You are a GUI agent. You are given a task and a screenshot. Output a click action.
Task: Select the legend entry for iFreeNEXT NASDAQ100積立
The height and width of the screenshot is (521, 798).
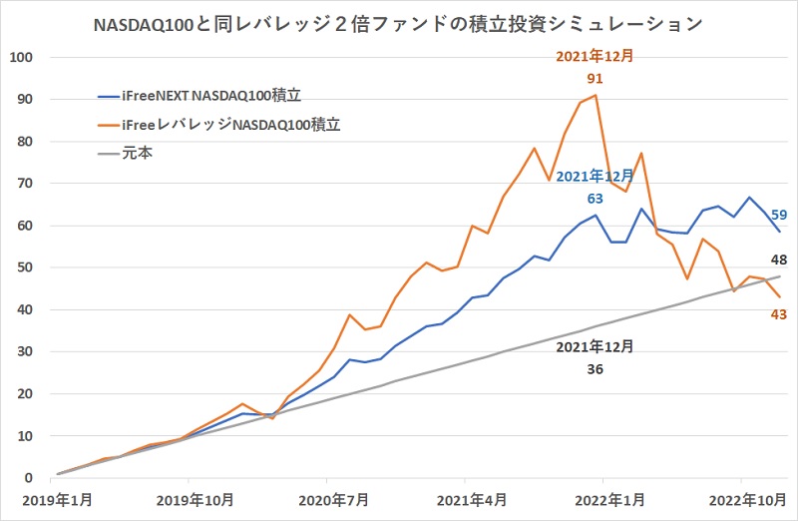point(209,97)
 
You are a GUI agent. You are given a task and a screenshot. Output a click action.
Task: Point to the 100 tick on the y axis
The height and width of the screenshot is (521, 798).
point(21,58)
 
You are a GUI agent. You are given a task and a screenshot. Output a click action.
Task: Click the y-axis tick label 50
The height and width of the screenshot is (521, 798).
point(25,267)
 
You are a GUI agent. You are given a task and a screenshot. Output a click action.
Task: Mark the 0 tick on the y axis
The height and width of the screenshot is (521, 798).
point(29,478)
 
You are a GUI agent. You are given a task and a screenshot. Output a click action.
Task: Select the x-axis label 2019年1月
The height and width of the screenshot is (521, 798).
point(58,499)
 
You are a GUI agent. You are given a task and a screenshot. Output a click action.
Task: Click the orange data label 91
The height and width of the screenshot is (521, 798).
point(595,77)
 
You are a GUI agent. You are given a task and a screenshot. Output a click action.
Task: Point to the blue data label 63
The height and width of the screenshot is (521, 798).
point(595,198)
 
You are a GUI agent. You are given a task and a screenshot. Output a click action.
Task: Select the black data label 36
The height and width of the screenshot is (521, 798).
point(595,368)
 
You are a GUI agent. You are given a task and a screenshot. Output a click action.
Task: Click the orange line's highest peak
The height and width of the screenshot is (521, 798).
point(596,95)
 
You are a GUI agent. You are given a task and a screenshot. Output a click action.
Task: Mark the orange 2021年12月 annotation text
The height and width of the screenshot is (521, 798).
point(595,56)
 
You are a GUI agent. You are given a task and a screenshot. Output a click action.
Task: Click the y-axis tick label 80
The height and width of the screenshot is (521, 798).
point(25,142)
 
